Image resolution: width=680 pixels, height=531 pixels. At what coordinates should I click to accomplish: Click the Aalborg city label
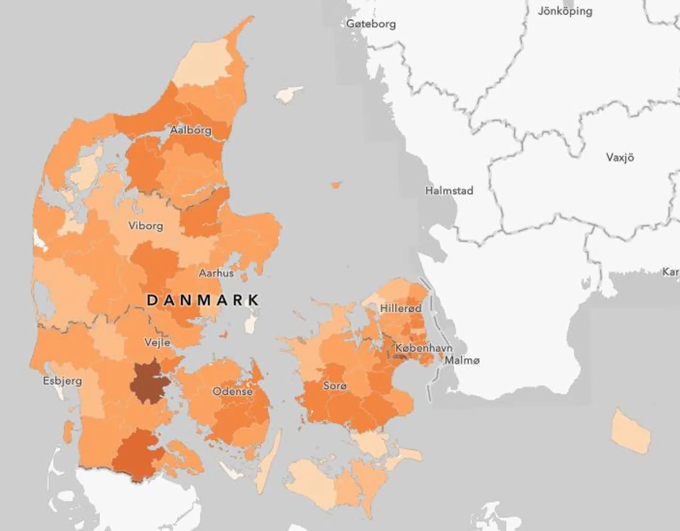point(191,130)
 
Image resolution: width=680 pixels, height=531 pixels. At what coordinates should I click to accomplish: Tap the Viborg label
point(146,226)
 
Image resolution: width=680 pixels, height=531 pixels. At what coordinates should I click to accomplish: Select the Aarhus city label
point(216,273)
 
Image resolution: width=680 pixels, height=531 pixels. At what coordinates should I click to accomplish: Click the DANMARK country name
point(203,300)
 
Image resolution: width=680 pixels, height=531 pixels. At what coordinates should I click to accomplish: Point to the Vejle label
point(157,342)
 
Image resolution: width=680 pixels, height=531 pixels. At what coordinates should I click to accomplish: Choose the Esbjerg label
point(62,380)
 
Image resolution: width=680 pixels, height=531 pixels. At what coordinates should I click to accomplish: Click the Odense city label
point(232,391)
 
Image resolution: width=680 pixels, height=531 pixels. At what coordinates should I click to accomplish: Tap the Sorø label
point(335,386)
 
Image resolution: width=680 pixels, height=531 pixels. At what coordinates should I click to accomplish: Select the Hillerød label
point(401,308)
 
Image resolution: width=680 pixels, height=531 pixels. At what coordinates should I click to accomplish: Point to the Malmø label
point(462,360)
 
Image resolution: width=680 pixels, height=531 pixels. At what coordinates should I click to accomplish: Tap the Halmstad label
point(449,191)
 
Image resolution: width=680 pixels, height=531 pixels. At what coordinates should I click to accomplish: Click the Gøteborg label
point(371,24)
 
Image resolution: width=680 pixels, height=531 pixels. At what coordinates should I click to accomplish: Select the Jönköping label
point(565,11)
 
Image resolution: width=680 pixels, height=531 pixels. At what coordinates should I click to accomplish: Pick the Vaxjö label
point(620,157)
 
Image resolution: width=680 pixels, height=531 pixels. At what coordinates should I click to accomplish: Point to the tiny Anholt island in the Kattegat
point(336,185)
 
